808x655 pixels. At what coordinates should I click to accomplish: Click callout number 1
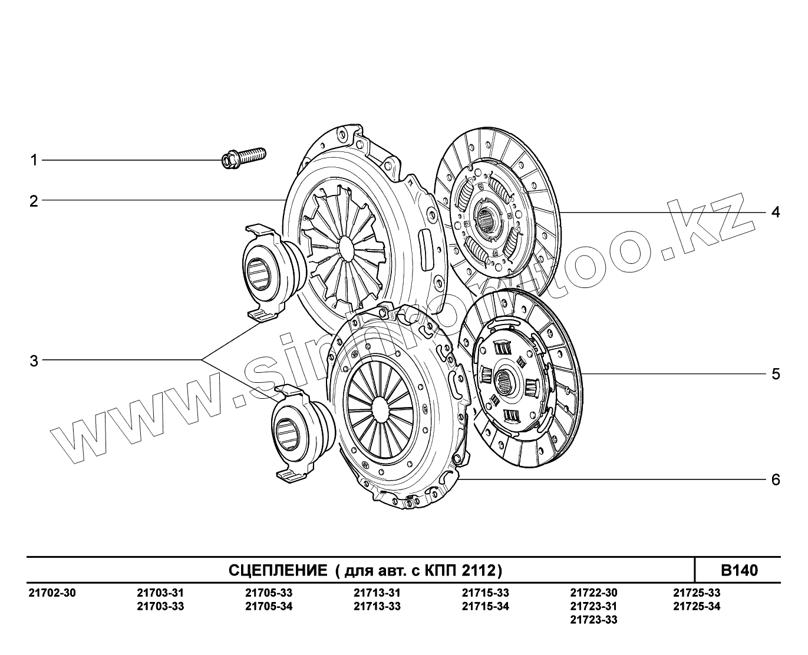point(34,160)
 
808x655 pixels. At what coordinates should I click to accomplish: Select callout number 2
point(34,201)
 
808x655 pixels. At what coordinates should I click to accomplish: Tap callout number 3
point(34,361)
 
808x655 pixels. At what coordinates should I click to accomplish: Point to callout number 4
point(776,212)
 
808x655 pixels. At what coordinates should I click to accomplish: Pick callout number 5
point(776,374)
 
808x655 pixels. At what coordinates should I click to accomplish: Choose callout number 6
point(776,479)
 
